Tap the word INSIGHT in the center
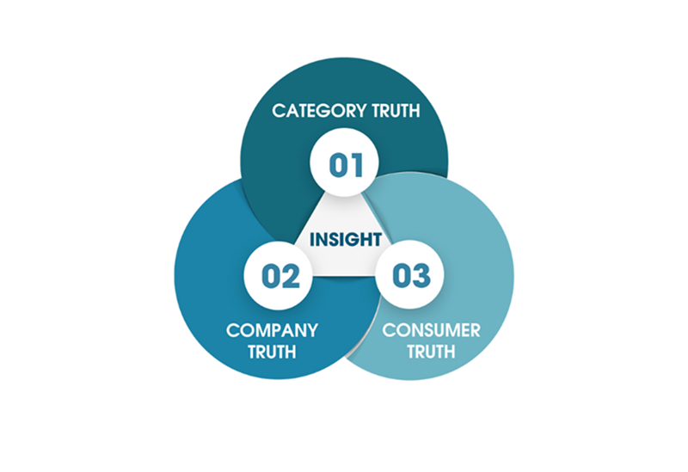pyautogui.click(x=345, y=238)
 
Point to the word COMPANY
pyautogui.click(x=272, y=329)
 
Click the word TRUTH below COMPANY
pyautogui.click(x=272, y=352)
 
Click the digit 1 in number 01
pyautogui.click(x=357, y=164)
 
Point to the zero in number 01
pyautogui.click(x=336, y=164)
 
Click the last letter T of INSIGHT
pyautogui.click(x=376, y=238)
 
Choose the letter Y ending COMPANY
pyautogui.click(x=312, y=329)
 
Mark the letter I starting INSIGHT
pyautogui.click(x=313, y=238)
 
